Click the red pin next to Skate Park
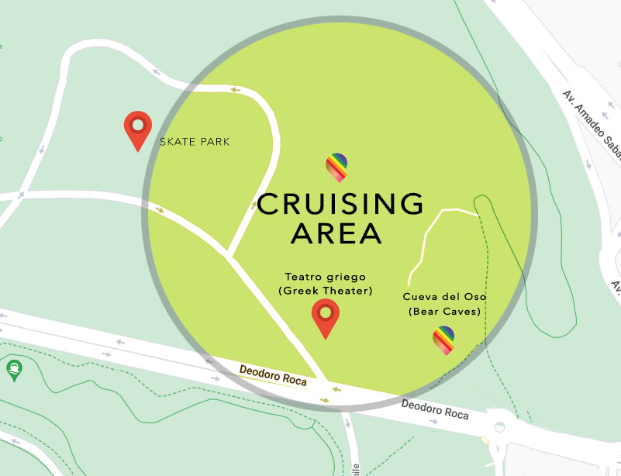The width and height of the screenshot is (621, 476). pyautogui.click(x=138, y=128)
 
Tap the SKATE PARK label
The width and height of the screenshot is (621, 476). pyautogui.click(x=195, y=142)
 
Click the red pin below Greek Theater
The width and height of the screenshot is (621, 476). pyautogui.click(x=326, y=316)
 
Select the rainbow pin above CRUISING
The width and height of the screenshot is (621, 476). pyautogui.click(x=336, y=165)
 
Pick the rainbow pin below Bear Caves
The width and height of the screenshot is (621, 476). pyautogui.click(x=443, y=339)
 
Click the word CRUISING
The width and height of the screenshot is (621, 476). pyautogui.click(x=340, y=204)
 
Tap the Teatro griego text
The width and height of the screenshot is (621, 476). pyautogui.click(x=325, y=277)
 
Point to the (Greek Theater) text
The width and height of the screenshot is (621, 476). pyautogui.click(x=325, y=291)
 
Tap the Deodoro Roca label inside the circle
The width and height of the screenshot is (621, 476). pyautogui.click(x=273, y=376)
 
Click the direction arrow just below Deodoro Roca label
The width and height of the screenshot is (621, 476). pyautogui.click(x=324, y=399)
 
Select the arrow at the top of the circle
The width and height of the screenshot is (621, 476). pyautogui.click(x=234, y=91)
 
